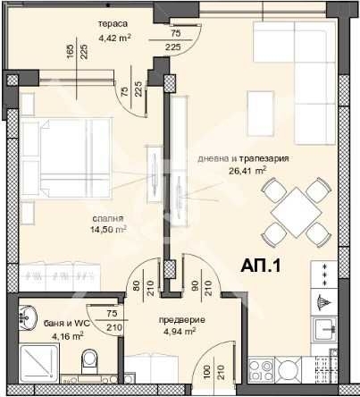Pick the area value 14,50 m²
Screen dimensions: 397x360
point(108,230)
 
